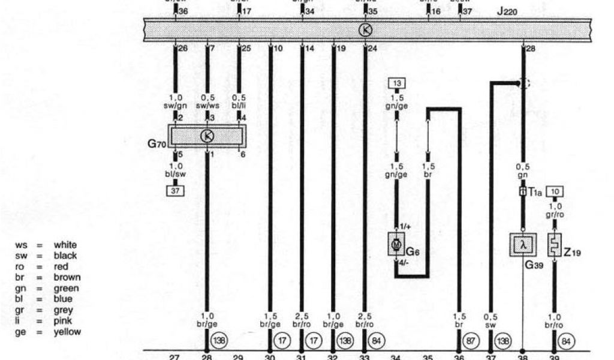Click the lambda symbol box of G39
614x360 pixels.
(x=522, y=245)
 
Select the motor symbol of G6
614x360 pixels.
(x=396, y=245)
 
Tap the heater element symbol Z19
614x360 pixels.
(x=554, y=245)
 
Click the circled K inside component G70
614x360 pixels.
(x=207, y=136)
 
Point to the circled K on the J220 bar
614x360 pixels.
(x=365, y=29)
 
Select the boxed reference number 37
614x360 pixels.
(x=176, y=191)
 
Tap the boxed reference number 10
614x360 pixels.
(x=555, y=193)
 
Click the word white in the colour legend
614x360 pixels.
(x=65, y=245)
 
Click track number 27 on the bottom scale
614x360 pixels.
(x=174, y=358)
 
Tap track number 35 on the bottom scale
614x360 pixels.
(x=428, y=358)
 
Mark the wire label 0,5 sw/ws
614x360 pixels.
(x=207, y=101)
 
